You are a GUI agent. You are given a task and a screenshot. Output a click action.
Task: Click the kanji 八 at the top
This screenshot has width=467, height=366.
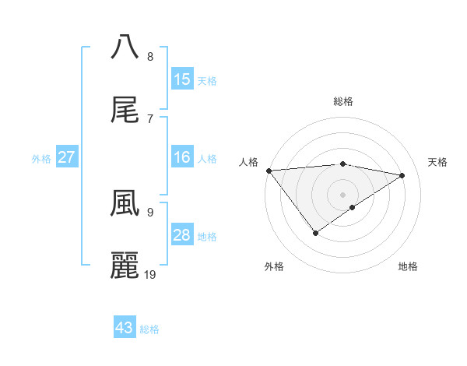pos(125,46)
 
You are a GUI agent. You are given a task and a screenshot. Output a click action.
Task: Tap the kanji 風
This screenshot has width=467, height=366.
pos(125,203)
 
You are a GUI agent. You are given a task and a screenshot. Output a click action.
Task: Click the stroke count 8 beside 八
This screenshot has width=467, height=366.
pos(150,56)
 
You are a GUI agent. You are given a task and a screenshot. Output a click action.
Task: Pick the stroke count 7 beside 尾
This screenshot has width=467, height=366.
pos(150,119)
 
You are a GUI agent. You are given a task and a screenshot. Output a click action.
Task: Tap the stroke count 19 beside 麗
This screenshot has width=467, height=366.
pos(151,275)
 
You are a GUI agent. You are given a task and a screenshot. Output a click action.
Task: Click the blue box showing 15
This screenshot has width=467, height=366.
pos(181,79)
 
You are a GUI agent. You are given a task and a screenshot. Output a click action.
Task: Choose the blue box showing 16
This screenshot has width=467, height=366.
pos(181,157)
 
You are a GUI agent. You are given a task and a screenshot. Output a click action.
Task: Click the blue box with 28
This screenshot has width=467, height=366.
pos(181,235)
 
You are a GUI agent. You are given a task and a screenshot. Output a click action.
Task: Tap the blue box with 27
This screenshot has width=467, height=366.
pos(67,157)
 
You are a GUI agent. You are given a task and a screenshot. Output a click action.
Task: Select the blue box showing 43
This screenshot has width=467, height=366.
pos(125,328)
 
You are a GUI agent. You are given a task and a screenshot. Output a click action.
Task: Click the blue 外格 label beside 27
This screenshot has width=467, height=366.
pos(41,158)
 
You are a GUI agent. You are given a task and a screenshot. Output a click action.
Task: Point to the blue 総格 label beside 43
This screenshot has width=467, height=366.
pos(149,329)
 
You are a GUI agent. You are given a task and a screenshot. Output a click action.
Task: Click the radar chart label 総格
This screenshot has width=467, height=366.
pos(342,101)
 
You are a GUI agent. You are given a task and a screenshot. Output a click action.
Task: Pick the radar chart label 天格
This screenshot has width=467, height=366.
pos(437,162)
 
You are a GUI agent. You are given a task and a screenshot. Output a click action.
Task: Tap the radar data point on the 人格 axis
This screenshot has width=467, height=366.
pos(269,170)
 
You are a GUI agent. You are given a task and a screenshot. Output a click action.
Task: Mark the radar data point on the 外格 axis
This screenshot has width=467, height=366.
pos(315,233)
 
